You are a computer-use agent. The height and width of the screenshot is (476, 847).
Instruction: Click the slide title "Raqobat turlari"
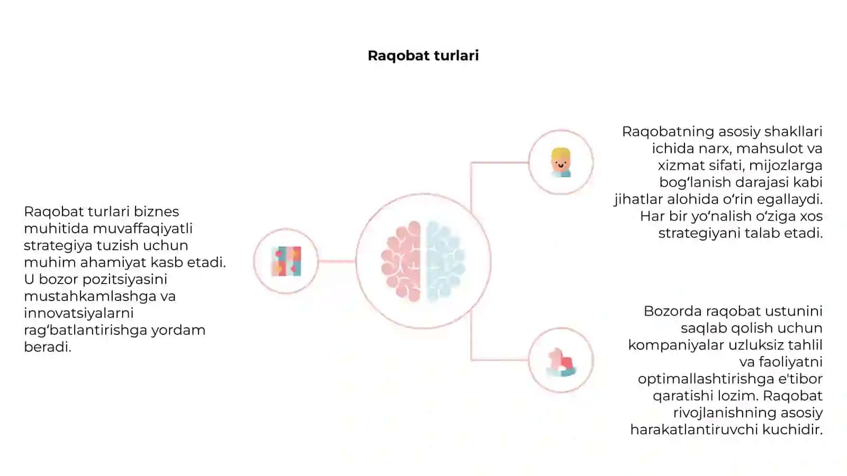coord(423,56)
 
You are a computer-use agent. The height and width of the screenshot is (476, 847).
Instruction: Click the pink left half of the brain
coord(401,261)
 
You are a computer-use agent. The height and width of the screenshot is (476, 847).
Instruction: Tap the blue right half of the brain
coord(445,261)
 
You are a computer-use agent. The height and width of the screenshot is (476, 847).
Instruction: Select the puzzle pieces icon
coord(286,261)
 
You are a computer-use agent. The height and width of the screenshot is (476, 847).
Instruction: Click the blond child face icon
coord(561,162)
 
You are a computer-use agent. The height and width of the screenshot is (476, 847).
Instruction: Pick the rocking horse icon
coord(561,362)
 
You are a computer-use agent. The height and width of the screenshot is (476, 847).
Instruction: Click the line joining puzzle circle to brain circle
coord(337,261)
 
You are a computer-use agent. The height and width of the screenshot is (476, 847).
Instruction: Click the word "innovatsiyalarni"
coord(79,313)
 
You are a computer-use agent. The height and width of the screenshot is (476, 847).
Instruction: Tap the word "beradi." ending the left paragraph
coord(48,347)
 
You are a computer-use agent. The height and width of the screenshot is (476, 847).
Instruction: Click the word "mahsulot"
coord(760,149)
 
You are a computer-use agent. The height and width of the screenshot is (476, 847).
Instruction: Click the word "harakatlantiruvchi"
coord(694,430)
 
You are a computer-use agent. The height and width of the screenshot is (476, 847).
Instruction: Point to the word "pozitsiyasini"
coord(125,280)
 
